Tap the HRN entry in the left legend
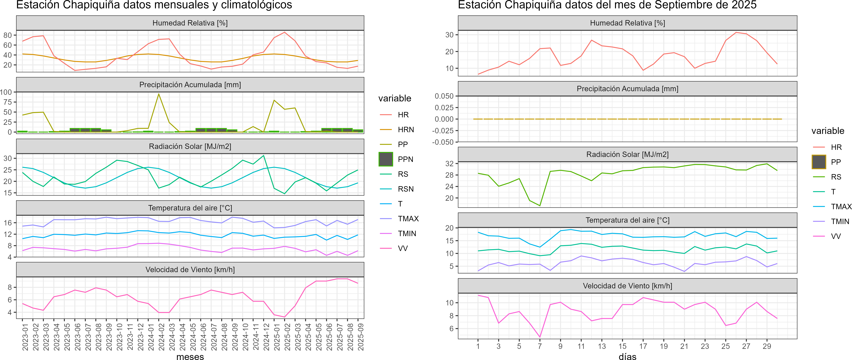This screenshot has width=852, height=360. (405, 130)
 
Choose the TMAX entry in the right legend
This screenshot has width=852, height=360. (841, 207)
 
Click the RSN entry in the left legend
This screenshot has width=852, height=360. (405, 189)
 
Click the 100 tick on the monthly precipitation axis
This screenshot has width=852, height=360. (6, 92)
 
